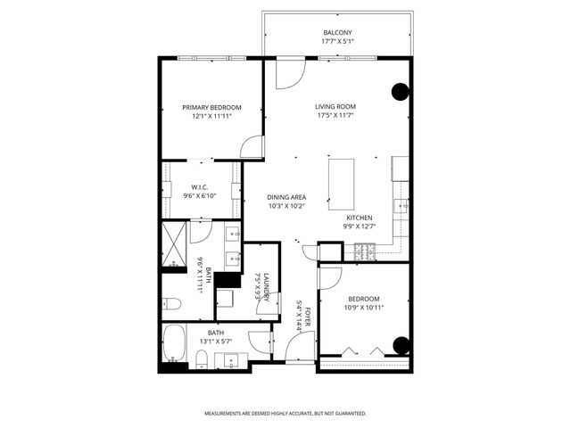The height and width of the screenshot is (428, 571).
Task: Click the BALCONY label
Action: click(338, 33)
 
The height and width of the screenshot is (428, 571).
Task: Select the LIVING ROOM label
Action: click(335, 107)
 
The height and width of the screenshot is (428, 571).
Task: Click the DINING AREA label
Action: click(286, 197)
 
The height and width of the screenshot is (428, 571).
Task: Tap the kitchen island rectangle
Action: click(343, 181)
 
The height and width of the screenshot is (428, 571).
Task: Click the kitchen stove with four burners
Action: click(364, 252)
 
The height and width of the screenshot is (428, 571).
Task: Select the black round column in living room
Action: click(401, 90)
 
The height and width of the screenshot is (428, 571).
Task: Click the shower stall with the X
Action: click(173, 240)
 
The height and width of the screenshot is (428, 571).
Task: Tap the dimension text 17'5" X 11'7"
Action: click(335, 116)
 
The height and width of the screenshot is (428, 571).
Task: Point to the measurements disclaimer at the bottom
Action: click(285, 413)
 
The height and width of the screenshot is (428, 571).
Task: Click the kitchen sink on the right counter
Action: click(404, 206)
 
